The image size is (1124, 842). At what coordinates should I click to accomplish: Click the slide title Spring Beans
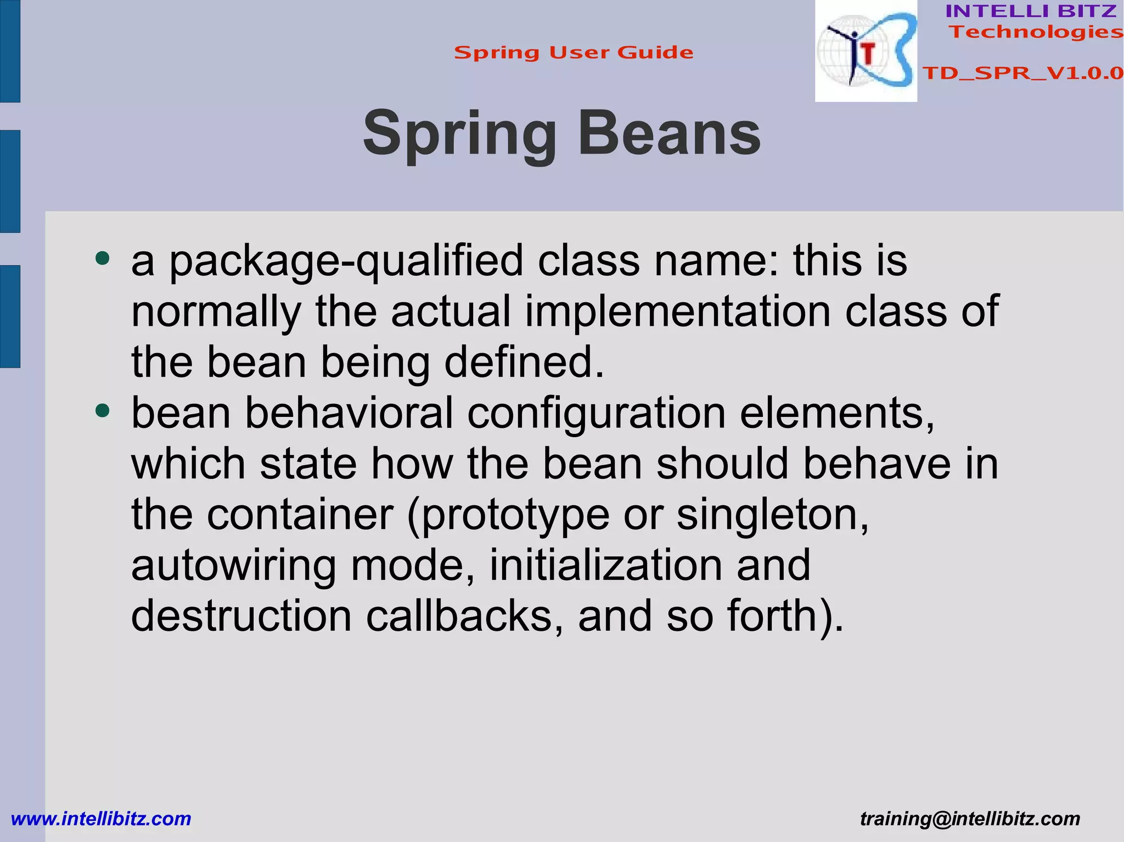point(561,134)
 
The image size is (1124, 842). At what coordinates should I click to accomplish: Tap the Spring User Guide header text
point(574,53)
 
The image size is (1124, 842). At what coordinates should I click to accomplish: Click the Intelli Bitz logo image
point(866,51)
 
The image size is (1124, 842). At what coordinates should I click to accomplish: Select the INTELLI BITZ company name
point(1031,11)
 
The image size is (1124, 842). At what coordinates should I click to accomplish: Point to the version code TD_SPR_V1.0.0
point(1022,73)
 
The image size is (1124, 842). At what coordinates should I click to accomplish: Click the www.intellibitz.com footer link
point(101,819)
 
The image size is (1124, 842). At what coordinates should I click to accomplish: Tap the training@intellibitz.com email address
point(970,819)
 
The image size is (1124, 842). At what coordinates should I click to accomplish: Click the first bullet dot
point(102,257)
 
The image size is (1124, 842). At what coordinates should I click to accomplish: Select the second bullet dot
point(102,410)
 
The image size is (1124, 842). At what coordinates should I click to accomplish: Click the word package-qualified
point(346,261)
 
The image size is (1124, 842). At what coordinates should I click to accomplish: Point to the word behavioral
point(349,413)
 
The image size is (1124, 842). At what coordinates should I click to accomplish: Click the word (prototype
point(508,516)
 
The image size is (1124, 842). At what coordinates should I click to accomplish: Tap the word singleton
point(773,516)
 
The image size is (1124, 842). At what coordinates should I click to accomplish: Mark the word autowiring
point(234,566)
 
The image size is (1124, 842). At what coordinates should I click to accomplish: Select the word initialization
point(606,565)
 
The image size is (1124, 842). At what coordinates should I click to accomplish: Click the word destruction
point(241,616)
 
